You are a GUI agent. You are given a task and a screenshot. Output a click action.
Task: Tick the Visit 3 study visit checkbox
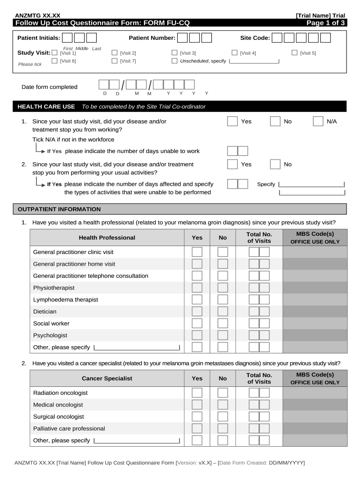click(x=175, y=53)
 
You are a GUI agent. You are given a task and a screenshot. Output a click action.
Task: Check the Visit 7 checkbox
click(x=115, y=61)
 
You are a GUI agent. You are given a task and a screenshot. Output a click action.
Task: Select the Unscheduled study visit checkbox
click(x=175, y=61)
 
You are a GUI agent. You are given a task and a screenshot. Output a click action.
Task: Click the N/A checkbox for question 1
click(x=318, y=122)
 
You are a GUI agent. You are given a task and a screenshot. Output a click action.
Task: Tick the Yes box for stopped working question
click(x=232, y=122)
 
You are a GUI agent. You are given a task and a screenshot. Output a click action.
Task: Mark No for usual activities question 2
click(x=275, y=164)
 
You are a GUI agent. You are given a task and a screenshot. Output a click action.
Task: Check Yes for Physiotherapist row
click(x=197, y=288)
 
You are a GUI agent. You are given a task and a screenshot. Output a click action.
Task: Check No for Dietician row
click(x=223, y=311)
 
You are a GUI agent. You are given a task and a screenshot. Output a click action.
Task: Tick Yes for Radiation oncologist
click(x=197, y=393)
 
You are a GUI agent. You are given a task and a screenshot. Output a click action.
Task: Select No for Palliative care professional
click(x=223, y=428)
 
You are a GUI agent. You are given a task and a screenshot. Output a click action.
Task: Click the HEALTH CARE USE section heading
click(x=46, y=107)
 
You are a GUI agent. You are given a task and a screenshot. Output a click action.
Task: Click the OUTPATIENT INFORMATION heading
click(x=59, y=209)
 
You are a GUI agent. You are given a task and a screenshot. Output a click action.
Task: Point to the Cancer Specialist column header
click(x=107, y=378)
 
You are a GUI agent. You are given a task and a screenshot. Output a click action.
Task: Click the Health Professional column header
click(x=107, y=238)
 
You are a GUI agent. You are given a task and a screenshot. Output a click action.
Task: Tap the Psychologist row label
click(x=50, y=335)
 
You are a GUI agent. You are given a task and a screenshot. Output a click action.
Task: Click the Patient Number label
click(x=152, y=38)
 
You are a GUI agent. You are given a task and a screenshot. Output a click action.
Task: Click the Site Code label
click(x=255, y=38)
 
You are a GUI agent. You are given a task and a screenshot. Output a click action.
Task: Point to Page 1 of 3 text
click(x=325, y=22)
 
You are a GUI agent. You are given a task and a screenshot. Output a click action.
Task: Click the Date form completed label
click(x=50, y=87)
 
